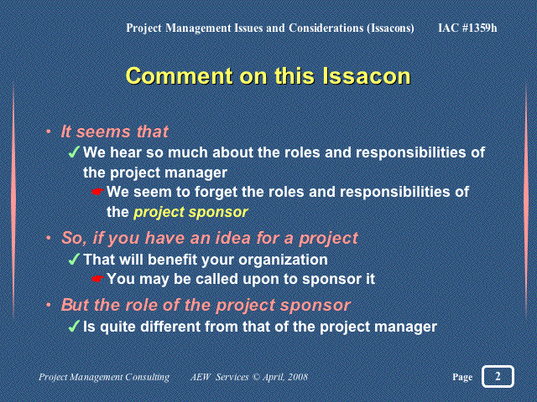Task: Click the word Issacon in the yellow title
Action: pos(366,76)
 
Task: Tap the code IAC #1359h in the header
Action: pos(467,28)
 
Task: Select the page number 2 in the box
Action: pos(498,376)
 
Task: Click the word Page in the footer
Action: pos(462,377)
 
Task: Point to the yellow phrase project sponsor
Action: pos(190,213)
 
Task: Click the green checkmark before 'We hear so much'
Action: pos(74,152)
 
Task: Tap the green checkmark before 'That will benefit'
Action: pos(74,259)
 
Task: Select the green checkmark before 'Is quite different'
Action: pos(74,326)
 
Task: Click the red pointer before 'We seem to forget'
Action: pos(97,192)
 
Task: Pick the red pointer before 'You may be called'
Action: pos(97,279)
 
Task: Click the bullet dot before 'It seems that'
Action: pos(49,131)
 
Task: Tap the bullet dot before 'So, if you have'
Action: pos(49,237)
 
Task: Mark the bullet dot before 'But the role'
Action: pos(49,304)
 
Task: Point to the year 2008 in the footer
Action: pos(298,377)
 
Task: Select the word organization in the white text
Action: pos(283,260)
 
